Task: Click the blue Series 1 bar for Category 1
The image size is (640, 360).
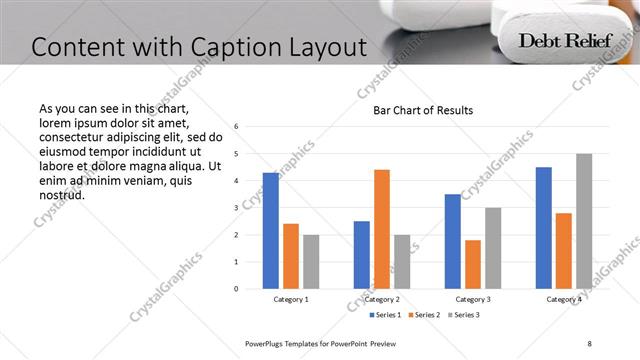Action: pos(271,231)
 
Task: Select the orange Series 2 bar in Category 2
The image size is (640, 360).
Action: pos(382,229)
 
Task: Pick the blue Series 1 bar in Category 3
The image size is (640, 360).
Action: pos(453,241)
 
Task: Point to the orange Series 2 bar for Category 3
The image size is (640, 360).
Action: pos(473,264)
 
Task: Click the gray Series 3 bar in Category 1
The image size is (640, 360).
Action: pos(311,262)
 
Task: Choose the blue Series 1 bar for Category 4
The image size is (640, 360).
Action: pos(544,228)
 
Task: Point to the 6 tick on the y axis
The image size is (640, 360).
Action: pos(236,127)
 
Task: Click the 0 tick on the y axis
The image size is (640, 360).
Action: pos(236,289)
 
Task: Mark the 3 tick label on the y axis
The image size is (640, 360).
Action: pos(236,208)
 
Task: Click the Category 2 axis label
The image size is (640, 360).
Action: pos(382,299)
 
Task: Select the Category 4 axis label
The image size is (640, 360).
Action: pos(564,299)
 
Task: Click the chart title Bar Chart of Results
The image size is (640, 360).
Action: pos(423,110)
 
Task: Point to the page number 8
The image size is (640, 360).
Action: pos(589,343)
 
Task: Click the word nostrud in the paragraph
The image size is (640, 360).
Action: pos(62,194)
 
